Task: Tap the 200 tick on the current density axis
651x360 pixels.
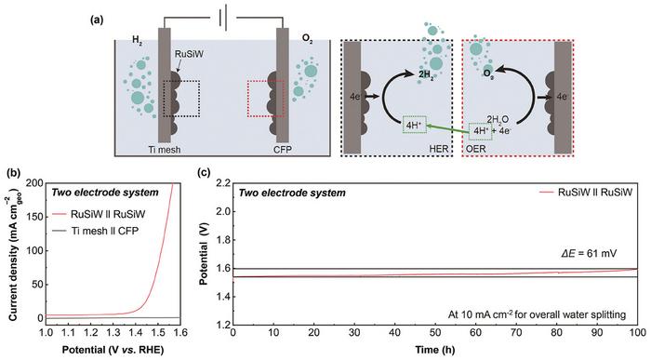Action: (x=32, y=184)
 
